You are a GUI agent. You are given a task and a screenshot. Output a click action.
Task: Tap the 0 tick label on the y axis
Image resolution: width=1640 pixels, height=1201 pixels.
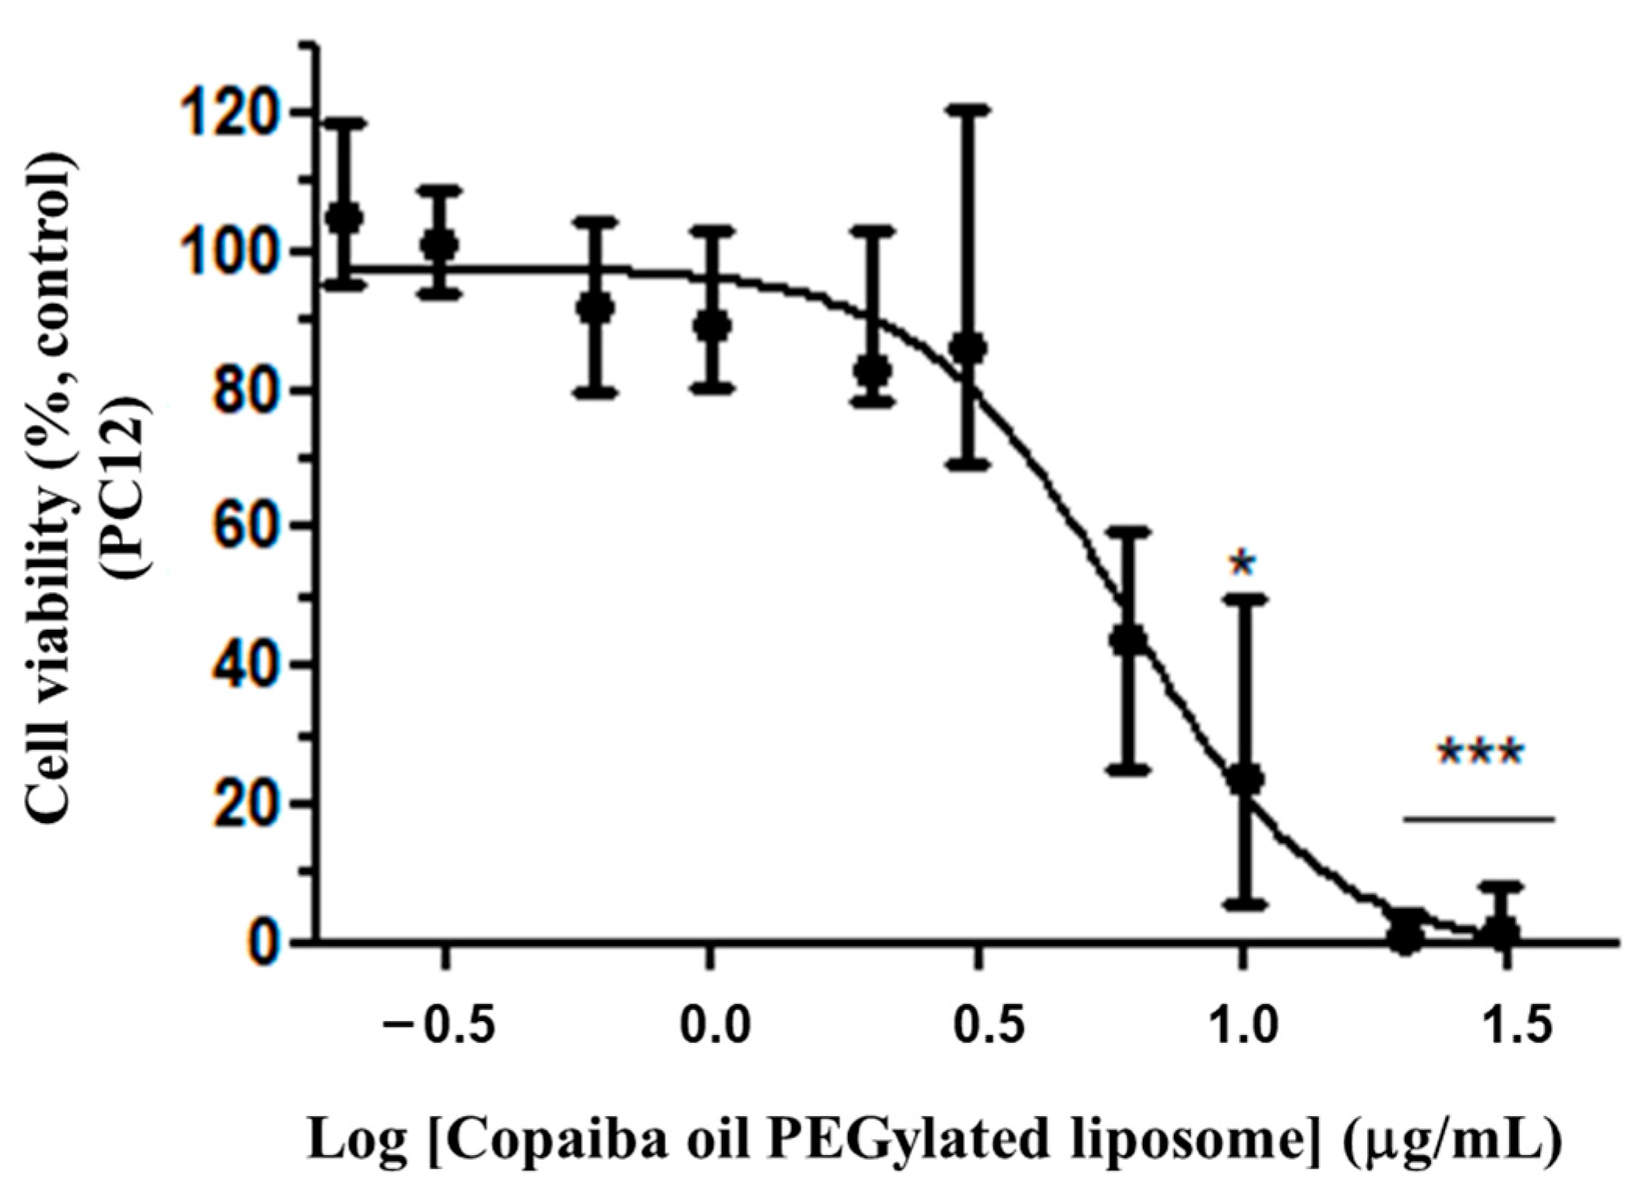point(268,943)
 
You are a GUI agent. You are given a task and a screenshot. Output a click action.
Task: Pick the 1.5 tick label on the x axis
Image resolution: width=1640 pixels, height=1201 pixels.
point(1510,1026)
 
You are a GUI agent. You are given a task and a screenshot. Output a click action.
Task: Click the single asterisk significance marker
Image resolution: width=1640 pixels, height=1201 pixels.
point(1242,563)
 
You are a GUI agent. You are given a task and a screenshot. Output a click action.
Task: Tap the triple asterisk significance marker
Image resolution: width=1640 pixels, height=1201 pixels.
point(1479,754)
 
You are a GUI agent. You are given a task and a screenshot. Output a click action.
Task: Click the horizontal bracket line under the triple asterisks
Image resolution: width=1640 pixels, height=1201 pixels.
point(1479,819)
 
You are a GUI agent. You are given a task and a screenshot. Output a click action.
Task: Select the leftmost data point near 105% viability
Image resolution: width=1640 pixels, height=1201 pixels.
point(344,217)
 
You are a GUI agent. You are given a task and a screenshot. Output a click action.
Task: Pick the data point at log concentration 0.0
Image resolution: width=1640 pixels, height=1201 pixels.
point(712,326)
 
